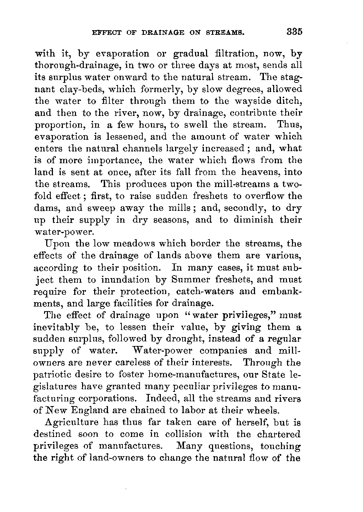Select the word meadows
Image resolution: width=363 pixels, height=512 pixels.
[126, 244]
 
